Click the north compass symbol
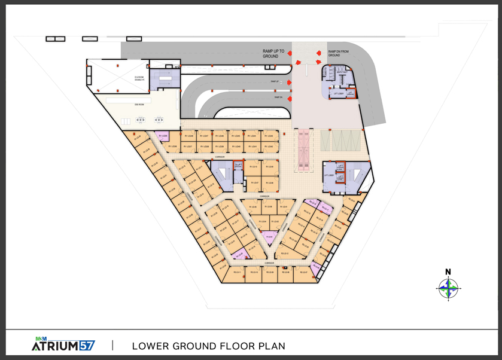pyautogui.click(x=448, y=288)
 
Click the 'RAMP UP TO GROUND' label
pyautogui.click(x=273, y=54)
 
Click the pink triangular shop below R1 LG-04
pyautogui.click(x=270, y=237)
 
